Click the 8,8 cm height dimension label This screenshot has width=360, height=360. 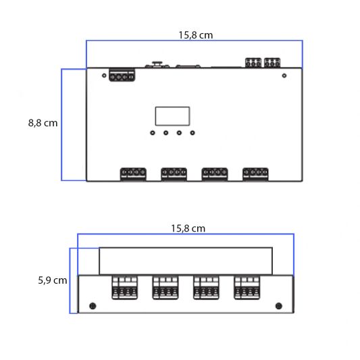(x=43, y=123)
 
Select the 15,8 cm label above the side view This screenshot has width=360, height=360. (x=188, y=228)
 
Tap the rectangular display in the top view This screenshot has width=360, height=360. (x=172, y=116)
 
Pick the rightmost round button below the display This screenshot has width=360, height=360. (x=192, y=132)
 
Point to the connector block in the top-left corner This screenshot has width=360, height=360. (x=120, y=76)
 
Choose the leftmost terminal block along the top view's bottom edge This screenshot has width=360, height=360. (x=133, y=174)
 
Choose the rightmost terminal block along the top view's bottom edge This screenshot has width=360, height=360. (x=255, y=174)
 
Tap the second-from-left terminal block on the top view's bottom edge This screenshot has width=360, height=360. (x=174, y=174)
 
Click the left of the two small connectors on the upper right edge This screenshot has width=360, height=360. (x=253, y=63)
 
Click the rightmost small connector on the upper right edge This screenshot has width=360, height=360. (x=272, y=63)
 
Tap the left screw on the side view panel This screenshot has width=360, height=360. (x=93, y=307)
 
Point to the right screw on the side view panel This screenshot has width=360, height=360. (x=278, y=307)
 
